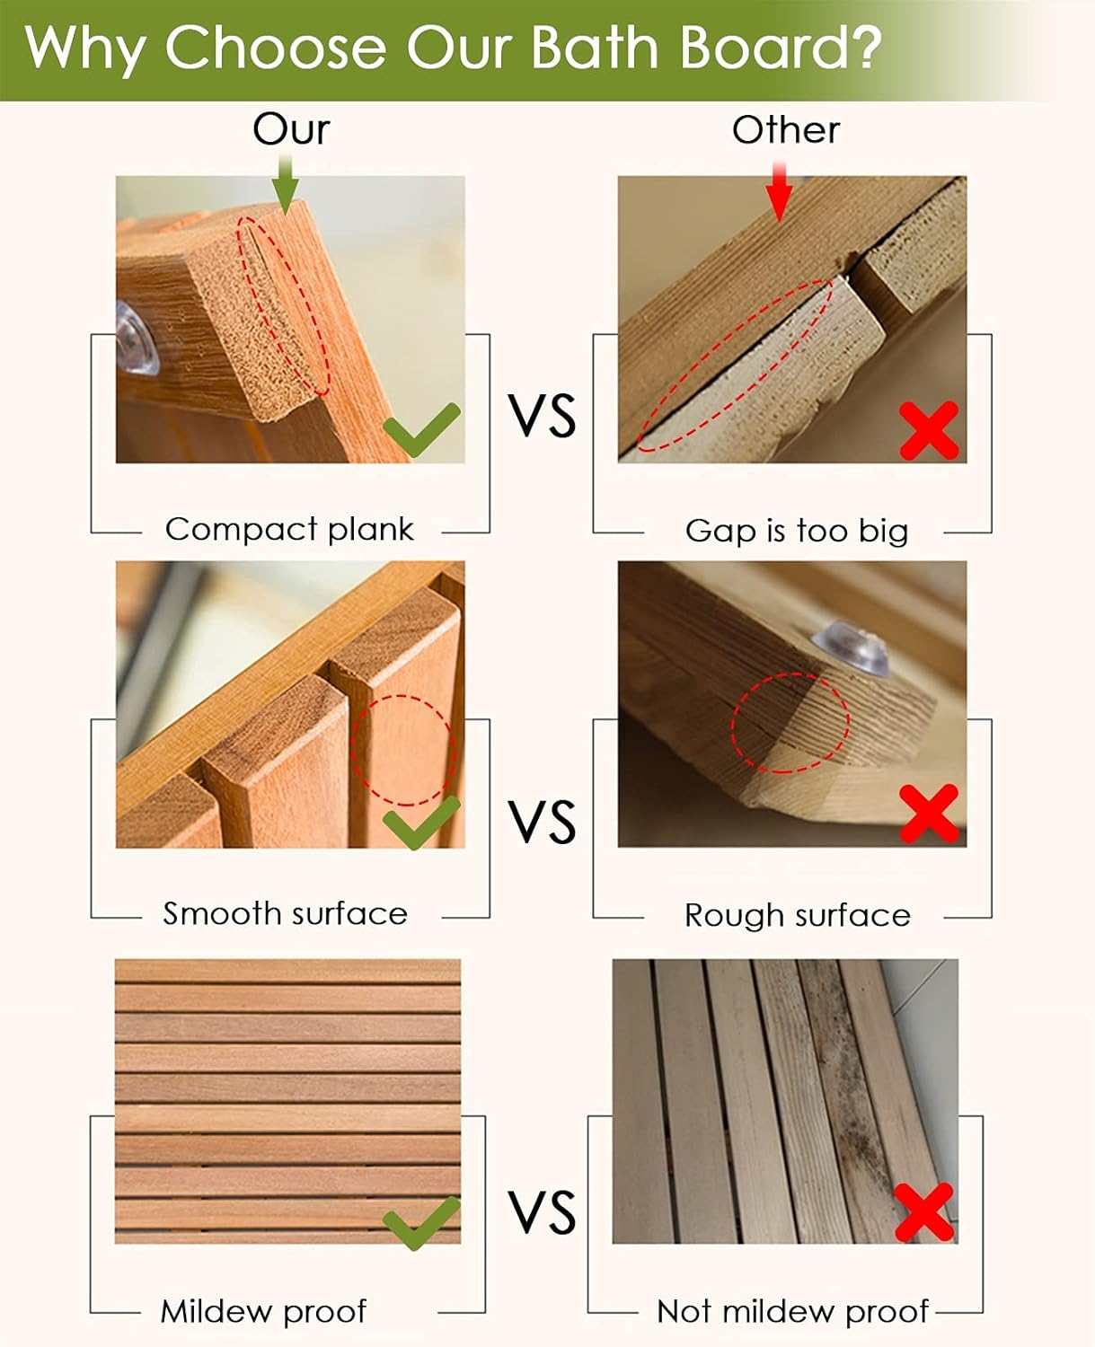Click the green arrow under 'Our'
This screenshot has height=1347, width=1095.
pos(286,183)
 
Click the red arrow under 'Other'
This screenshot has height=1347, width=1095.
pos(780,189)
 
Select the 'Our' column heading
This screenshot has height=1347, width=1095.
pos(291,129)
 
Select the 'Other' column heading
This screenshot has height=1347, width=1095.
pos(786,130)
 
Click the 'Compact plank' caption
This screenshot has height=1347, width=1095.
pos(289,529)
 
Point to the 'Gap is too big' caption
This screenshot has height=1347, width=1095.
pos(797,531)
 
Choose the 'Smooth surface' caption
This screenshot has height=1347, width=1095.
pos(285,914)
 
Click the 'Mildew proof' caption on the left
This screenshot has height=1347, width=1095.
pos(263,1311)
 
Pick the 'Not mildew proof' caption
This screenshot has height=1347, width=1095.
pos(792,1311)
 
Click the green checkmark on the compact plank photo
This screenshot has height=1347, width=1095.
pos(421,429)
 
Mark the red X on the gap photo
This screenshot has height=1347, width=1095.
pos(929,430)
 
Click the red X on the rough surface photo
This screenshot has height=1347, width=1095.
pos(929,814)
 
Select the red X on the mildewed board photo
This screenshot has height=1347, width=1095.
pos(924,1212)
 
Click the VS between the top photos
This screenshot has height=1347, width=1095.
pos(542,416)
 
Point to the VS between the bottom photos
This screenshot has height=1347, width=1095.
pos(542,1212)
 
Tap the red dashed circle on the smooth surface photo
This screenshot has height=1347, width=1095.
pos(404,749)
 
